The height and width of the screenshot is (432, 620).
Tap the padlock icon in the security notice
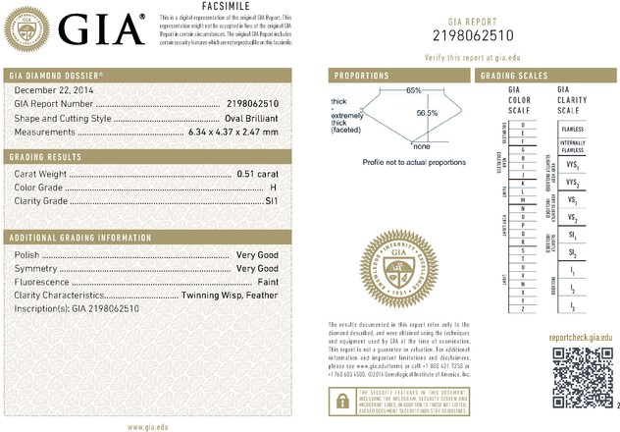(x=340, y=400)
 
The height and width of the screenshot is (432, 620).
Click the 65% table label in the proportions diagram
(x=413, y=90)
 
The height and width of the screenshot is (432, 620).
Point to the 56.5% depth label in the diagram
(x=427, y=114)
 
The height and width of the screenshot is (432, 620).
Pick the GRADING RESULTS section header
(x=45, y=157)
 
